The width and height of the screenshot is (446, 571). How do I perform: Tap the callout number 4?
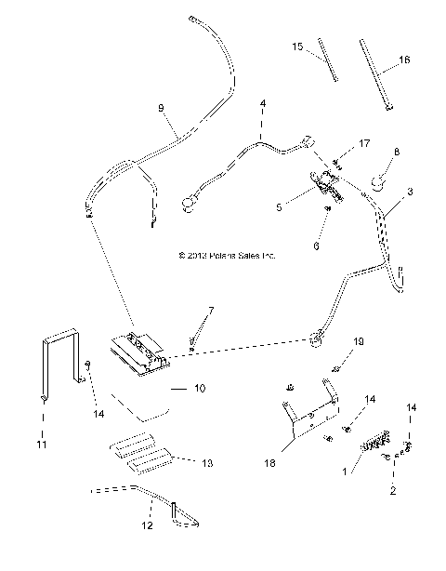[x=263, y=102]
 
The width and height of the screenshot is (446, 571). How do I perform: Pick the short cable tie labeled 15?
[x=327, y=61]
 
